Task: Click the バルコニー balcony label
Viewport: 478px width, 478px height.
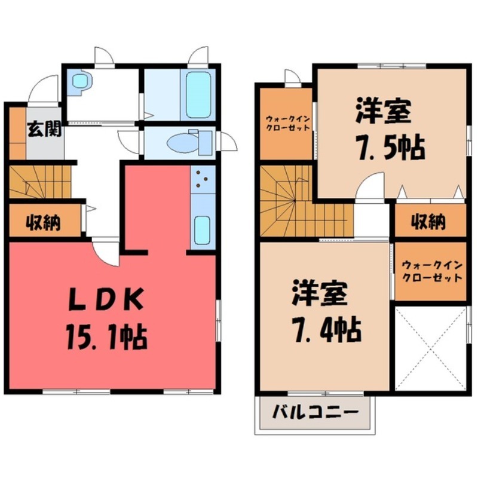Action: pos(316,412)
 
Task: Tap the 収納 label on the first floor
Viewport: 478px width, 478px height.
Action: pos(43,222)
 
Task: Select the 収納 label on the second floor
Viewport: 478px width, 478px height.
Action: pos(428,222)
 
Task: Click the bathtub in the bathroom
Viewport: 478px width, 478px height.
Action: pos(197,94)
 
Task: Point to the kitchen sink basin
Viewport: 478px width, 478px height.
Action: pos(203,228)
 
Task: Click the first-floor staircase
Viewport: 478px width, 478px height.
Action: pos(39,182)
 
